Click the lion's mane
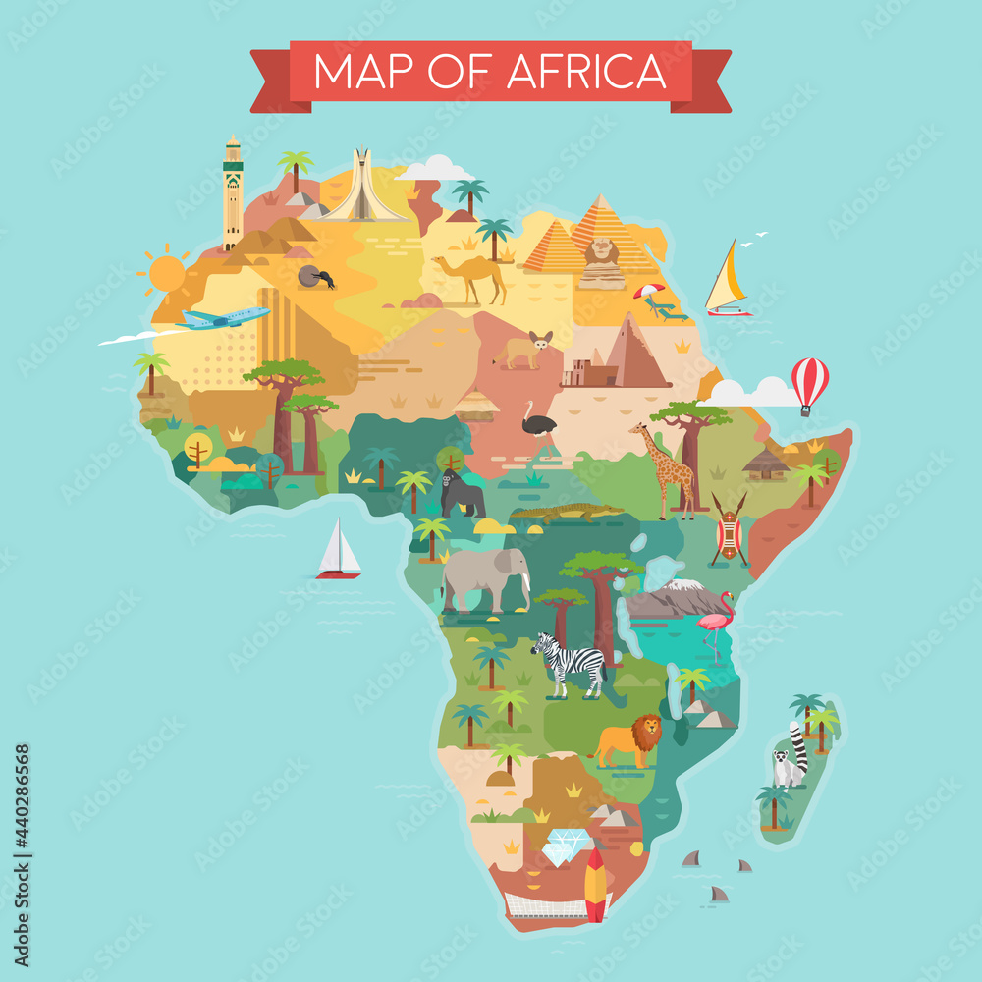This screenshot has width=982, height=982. pyautogui.click(x=645, y=731)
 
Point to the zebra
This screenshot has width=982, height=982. pyautogui.click(x=570, y=664)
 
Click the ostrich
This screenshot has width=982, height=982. pyautogui.click(x=539, y=424)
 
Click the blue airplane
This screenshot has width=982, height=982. pyautogui.click(x=224, y=318)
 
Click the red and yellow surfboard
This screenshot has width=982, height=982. pyautogui.click(x=595, y=884)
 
